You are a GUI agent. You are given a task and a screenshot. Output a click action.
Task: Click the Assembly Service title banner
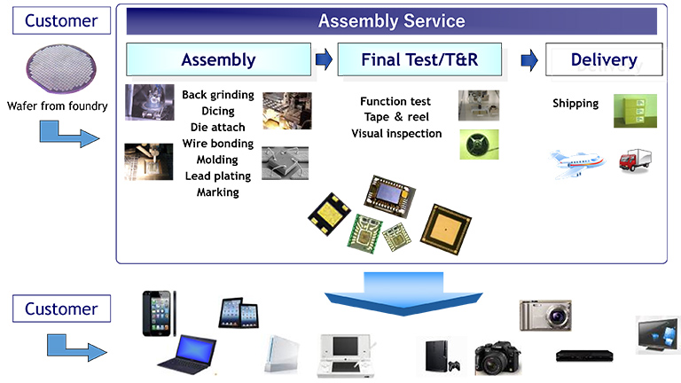click(x=391, y=20)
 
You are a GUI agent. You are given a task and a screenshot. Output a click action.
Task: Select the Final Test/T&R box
click(x=418, y=60)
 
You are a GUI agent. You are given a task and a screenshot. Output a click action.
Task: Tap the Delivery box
click(x=603, y=60)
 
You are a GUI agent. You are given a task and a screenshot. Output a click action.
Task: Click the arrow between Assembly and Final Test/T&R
click(x=324, y=60)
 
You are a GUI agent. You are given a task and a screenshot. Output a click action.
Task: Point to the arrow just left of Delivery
click(x=529, y=60)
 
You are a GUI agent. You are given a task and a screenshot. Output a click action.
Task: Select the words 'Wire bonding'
click(x=217, y=144)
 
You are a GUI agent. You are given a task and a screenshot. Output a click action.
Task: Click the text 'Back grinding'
click(x=217, y=95)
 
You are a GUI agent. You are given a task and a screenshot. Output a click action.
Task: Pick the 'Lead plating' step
click(x=217, y=176)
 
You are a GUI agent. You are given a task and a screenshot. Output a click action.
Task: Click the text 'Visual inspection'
click(x=396, y=134)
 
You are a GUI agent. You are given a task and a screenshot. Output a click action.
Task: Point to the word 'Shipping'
click(x=575, y=104)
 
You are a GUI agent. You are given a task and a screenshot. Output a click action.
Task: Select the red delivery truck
click(x=636, y=160)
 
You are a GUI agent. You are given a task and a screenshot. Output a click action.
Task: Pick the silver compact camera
click(x=544, y=315)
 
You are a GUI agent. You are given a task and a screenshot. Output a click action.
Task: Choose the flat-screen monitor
click(x=657, y=335)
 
